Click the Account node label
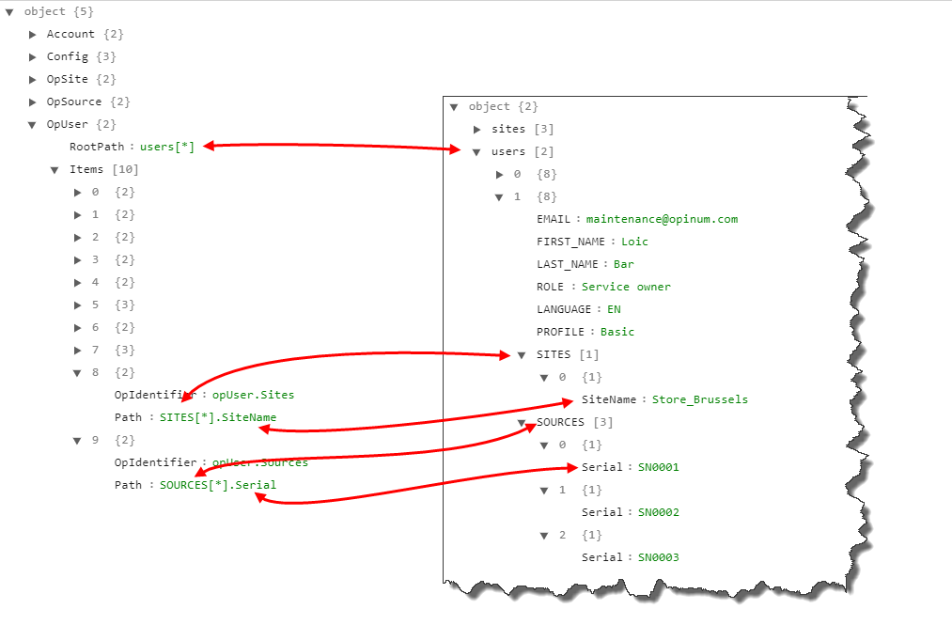coord(70,34)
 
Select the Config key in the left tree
coord(67,56)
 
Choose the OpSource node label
coord(74,102)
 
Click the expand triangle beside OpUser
coord(33,124)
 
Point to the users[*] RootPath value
coord(167,147)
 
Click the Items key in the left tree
coord(86,169)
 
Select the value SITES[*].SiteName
coord(218,417)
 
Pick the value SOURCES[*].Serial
coord(218,485)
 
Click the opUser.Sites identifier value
coord(253,395)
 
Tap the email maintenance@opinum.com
coord(662,219)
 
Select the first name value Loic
coord(634,242)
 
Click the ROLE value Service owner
coord(626,287)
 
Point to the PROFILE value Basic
coord(617,332)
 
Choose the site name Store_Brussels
coord(700,399)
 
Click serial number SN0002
coord(658,512)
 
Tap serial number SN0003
coord(658,557)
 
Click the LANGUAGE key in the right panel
coord(564,309)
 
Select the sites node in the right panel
coord(508,129)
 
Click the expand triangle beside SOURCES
coord(522,423)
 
